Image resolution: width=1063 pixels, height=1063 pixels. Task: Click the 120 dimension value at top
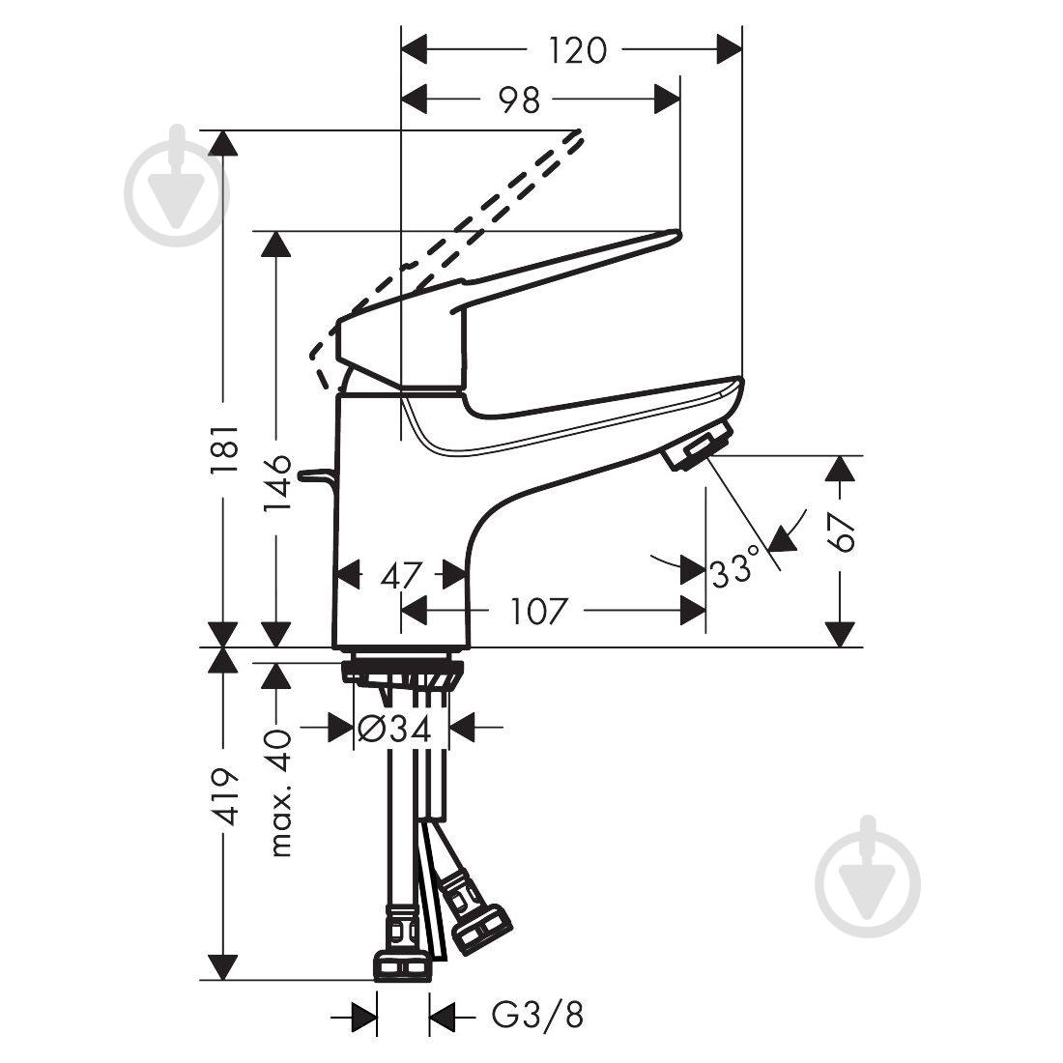point(578,49)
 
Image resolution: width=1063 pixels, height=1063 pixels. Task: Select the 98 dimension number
point(520,99)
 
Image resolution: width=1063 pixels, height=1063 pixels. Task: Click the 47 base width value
point(401,575)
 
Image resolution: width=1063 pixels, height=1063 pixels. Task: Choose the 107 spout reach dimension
point(537,611)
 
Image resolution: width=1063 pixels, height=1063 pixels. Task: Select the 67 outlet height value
point(843,531)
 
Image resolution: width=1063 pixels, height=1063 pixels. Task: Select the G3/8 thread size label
point(537,1016)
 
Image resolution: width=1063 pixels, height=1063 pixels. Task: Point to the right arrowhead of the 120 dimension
point(730,49)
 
